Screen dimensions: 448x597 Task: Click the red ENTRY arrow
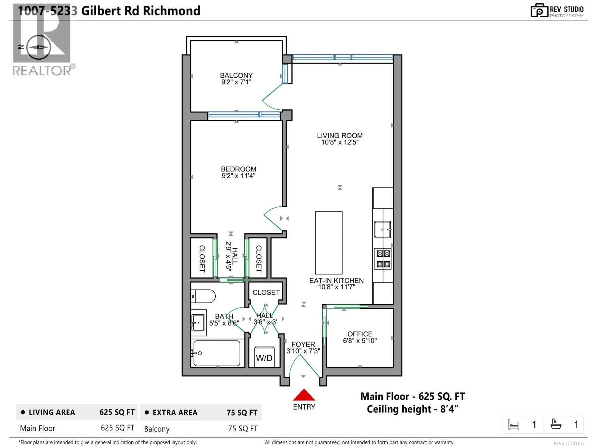point(304,395)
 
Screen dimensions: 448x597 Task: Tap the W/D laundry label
point(264,358)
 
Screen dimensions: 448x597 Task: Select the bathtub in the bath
point(216,353)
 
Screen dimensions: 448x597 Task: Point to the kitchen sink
point(382,229)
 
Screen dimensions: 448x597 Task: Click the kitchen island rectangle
point(329,243)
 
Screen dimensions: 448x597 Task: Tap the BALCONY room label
point(236,75)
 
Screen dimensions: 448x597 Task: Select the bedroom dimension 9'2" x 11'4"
point(238,176)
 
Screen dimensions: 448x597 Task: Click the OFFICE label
point(360,334)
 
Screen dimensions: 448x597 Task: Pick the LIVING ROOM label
point(340,136)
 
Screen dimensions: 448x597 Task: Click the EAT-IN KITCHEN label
point(336,280)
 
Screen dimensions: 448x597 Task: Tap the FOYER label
point(303,344)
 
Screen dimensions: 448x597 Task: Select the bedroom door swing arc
point(272,217)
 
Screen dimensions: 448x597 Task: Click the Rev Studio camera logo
point(539,10)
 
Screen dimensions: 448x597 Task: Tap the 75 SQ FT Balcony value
point(243,429)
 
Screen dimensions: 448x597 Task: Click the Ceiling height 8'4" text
point(412,409)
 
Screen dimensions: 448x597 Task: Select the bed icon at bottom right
point(514,424)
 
